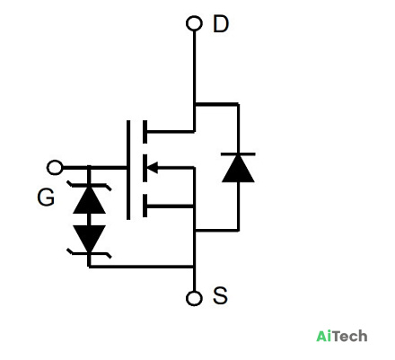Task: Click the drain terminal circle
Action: (194, 23)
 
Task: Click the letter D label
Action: (221, 24)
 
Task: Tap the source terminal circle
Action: (194, 298)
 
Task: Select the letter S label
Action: (220, 295)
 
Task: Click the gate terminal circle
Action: (55, 168)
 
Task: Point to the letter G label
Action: (46, 198)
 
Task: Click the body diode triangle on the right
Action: (238, 168)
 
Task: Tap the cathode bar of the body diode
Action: (238, 154)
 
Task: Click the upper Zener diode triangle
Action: (89, 200)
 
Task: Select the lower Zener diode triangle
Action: (89, 239)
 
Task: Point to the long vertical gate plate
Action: (128, 170)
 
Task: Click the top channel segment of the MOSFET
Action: (145, 132)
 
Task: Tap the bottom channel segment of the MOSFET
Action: (145, 206)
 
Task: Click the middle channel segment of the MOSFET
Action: (145, 168)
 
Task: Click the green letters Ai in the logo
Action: (324, 336)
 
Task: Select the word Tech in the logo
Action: (350, 336)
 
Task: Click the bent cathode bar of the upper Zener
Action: (89, 186)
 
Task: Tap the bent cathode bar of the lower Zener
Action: (89, 253)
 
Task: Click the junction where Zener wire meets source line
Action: (194, 266)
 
